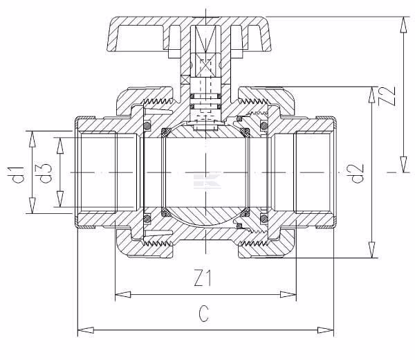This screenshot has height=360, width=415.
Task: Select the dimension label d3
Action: click(x=46, y=173)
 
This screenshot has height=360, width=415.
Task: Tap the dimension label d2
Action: click(x=358, y=174)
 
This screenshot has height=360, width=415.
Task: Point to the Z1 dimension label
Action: click(x=203, y=278)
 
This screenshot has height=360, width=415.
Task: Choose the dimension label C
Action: click(x=204, y=314)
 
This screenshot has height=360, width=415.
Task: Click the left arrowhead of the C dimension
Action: click(x=86, y=330)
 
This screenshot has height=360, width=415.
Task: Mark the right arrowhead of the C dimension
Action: click(x=326, y=330)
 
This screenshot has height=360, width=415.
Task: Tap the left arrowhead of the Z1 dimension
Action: click(x=123, y=294)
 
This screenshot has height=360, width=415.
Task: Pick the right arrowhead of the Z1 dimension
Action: click(x=288, y=294)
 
